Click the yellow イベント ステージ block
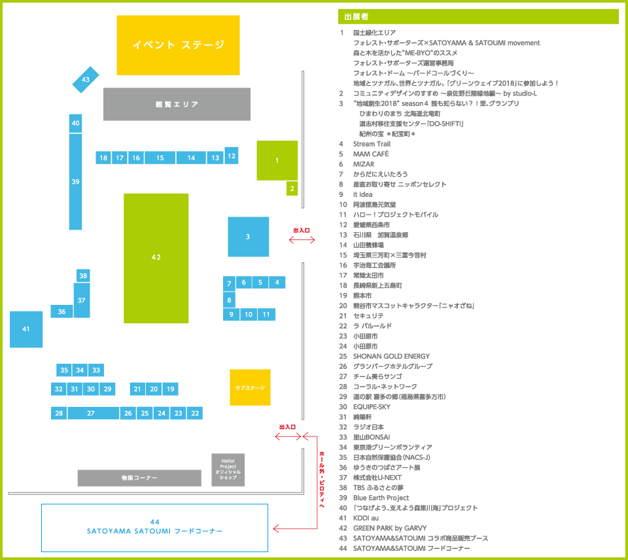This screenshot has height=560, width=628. click(179, 45)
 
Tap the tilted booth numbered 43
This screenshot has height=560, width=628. click(86, 79)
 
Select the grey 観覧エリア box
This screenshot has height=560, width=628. click(177, 104)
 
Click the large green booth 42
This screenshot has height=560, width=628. click(156, 258)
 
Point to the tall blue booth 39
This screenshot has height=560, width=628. click(75, 181)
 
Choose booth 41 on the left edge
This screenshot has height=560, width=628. click(26, 329)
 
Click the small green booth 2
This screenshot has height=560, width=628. click(292, 189)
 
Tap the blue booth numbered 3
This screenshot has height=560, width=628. click(248, 236)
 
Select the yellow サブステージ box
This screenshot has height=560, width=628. click(250, 387)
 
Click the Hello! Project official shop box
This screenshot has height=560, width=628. click(228, 470)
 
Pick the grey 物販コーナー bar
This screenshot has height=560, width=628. click(139, 478)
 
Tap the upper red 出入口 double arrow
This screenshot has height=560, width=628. click(302, 240)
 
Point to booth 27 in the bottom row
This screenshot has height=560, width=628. click(91, 413)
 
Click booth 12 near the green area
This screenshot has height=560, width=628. click(232, 155)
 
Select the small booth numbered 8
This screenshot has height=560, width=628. click(229, 300)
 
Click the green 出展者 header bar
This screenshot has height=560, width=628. click(478, 16)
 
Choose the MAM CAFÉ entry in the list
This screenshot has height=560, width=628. click(371, 154)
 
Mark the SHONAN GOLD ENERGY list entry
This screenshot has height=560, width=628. click(391, 356)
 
